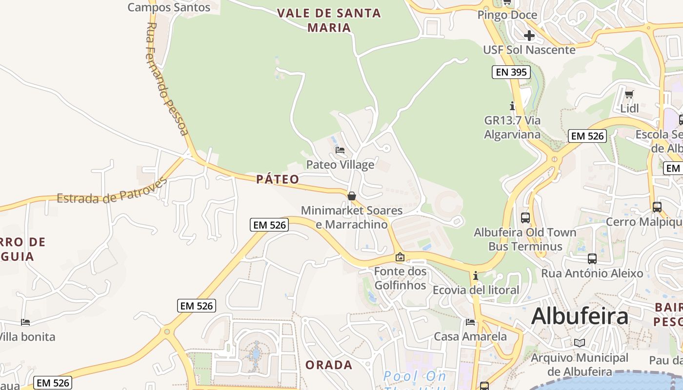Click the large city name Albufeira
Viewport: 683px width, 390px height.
(580, 316)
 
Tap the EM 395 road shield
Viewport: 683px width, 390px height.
(511, 73)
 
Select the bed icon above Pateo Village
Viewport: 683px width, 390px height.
(340, 150)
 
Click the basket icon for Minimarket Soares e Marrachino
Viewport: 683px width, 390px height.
(351, 196)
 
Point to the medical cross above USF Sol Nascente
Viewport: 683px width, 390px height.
(529, 35)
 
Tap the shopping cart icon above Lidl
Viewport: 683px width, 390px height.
(629, 94)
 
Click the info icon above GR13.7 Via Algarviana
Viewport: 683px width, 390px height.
(512, 105)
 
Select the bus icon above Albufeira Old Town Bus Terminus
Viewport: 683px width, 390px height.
(525, 218)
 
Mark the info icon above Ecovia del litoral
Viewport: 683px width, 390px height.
(476, 276)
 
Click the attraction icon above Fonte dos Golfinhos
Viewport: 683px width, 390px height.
(400, 257)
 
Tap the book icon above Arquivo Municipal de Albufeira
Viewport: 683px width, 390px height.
(579, 343)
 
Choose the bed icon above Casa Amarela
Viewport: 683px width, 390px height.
(470, 322)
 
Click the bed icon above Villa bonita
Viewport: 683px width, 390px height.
(25, 322)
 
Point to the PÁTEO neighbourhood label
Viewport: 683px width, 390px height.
(278, 179)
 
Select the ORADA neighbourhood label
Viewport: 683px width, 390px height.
(329, 365)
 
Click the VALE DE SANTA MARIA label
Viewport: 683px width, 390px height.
(329, 20)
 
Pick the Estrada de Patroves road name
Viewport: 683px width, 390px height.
(112, 192)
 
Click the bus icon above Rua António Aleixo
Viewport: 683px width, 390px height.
(592, 259)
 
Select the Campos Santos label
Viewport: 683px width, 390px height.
(169, 7)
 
